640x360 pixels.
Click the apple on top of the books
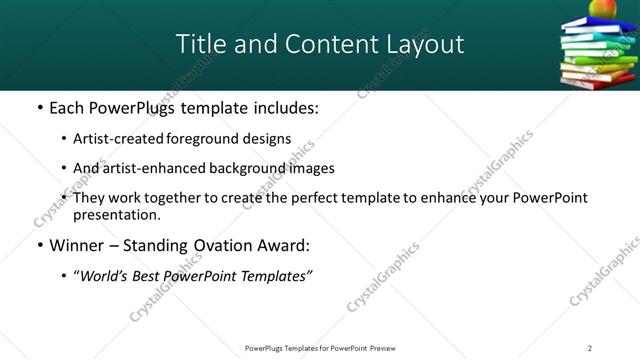click(x=602, y=9)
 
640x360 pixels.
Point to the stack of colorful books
click(x=598, y=54)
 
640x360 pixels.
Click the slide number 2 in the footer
click(x=589, y=348)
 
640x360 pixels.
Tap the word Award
click(x=287, y=245)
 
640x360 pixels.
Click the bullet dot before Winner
click(x=38, y=245)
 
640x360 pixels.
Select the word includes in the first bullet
click(x=280, y=107)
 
